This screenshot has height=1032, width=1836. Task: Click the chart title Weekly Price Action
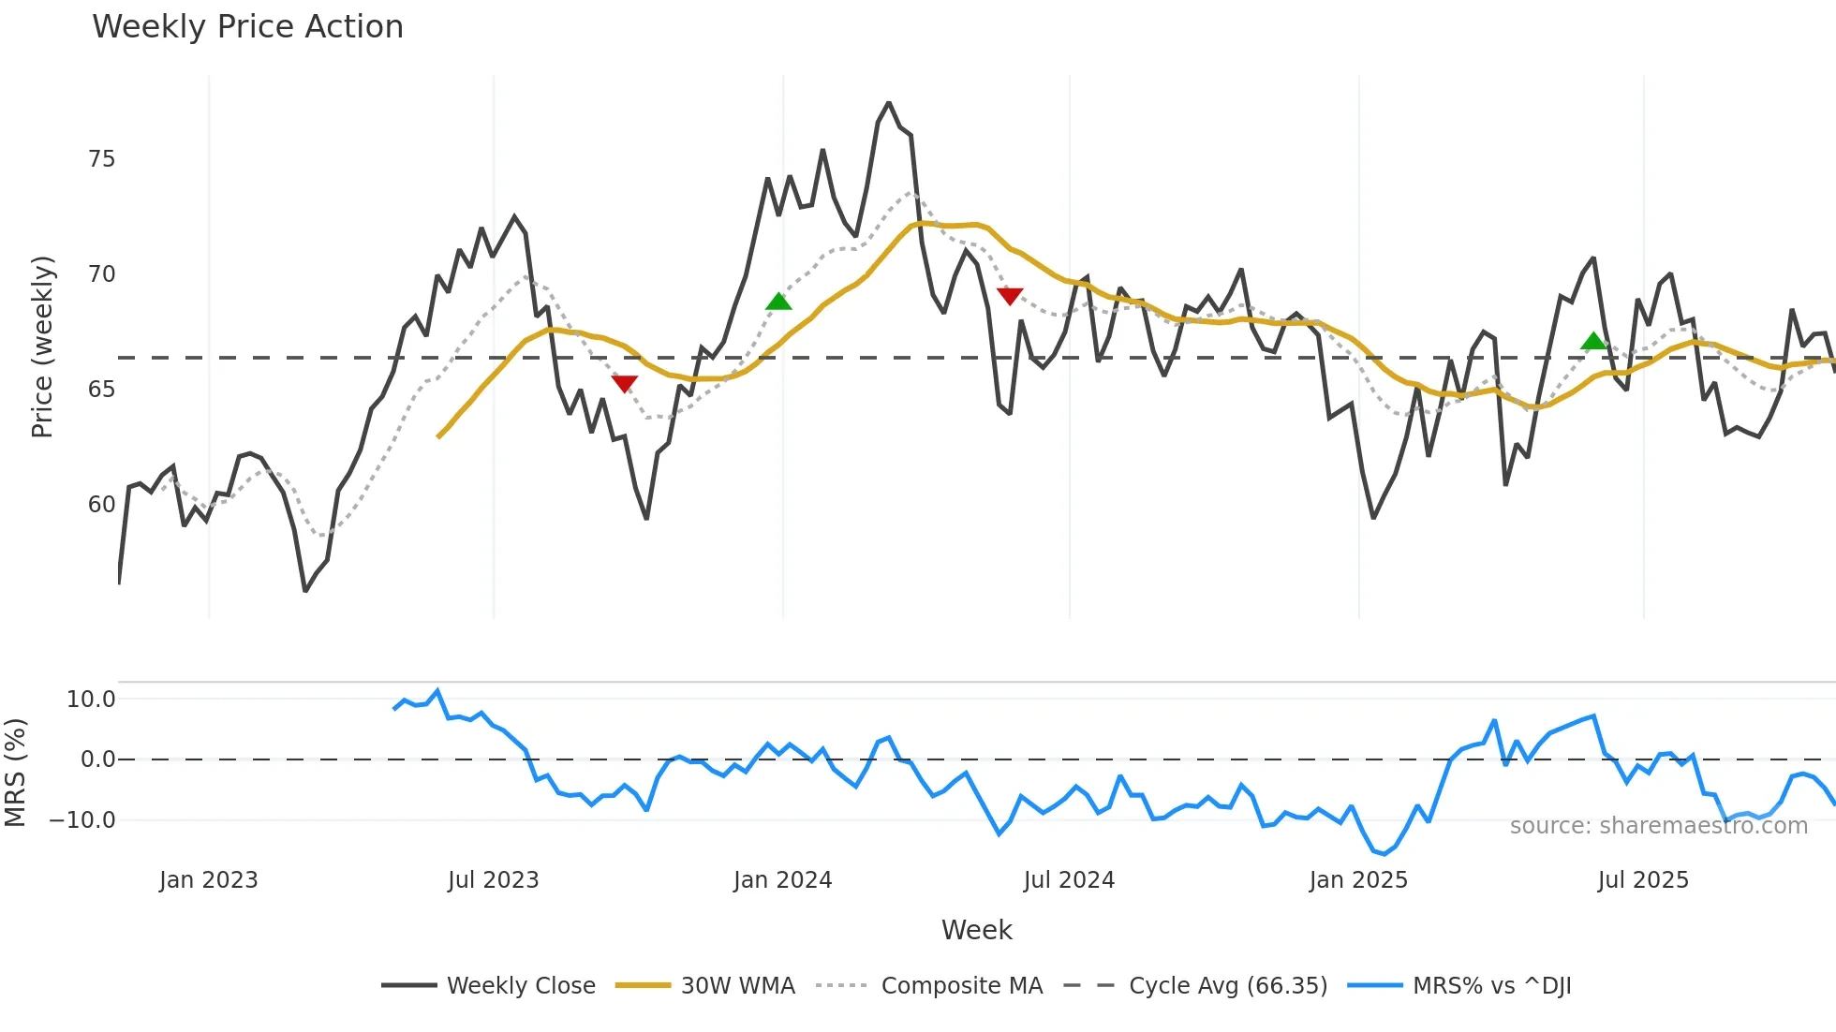click(247, 27)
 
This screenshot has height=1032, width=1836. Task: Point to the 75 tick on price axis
click(101, 159)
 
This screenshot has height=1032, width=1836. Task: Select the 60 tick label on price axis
click(101, 505)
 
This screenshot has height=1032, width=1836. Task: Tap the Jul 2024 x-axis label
click(1069, 880)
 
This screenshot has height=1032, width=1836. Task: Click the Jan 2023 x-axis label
click(208, 880)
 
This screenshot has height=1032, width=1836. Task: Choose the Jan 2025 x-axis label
click(1357, 880)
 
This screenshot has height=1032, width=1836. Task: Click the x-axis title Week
click(976, 930)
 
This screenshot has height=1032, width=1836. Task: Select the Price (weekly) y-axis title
click(42, 346)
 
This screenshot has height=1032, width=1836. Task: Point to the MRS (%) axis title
click(16, 773)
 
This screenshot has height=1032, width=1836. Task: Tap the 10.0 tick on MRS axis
click(91, 700)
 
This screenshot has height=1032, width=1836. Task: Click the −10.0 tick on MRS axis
click(83, 820)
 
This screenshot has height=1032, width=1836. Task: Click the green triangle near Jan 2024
click(778, 302)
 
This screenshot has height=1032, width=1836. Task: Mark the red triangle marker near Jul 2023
click(624, 383)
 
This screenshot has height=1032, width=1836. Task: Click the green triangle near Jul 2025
click(1593, 341)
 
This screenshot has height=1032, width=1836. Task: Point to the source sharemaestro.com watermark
click(1658, 826)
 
